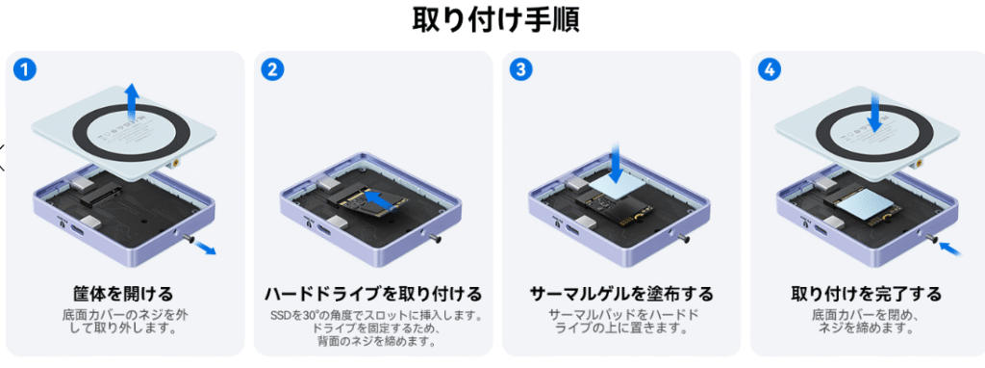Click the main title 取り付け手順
pyautogui.click(x=495, y=20)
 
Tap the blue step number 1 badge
pyautogui.click(x=24, y=69)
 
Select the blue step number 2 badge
pyautogui.click(x=272, y=69)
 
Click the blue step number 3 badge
pyautogui.click(x=520, y=69)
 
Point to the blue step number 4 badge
pyautogui.click(x=769, y=69)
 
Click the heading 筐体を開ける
pyautogui.click(x=122, y=294)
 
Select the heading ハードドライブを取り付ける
pyautogui.click(x=373, y=294)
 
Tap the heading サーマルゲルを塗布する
pyautogui.click(x=621, y=294)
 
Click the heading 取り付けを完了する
pyautogui.click(x=866, y=294)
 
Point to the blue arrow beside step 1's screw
pyautogui.click(x=202, y=248)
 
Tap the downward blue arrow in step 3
pyautogui.click(x=616, y=160)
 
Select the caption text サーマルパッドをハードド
pyautogui.click(x=623, y=314)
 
